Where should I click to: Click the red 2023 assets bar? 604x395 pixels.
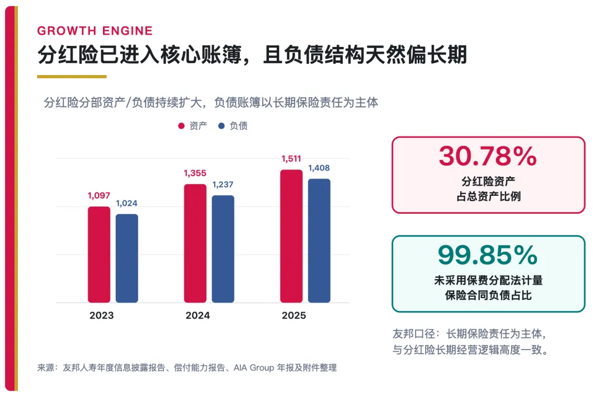99,255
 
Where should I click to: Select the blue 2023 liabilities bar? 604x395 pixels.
127,258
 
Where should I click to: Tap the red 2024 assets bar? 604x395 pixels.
195,243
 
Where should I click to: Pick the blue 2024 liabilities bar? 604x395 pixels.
223,248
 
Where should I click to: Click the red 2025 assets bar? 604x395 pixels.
291,236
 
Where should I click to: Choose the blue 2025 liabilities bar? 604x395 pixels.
319,241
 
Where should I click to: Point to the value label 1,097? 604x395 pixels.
99,196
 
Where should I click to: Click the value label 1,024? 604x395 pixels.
127,204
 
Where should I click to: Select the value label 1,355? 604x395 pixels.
195,173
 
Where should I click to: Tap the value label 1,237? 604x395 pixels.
223,185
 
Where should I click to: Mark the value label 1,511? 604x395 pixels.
291,159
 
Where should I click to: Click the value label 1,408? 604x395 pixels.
319,168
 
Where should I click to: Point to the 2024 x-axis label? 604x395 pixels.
197,316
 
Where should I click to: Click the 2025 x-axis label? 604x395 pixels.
294,316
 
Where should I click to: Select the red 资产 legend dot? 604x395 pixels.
181,126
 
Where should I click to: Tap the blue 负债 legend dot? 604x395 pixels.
221,126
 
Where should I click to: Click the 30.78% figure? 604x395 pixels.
488,156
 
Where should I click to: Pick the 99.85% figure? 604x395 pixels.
488,255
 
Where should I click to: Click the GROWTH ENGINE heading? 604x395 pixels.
95,31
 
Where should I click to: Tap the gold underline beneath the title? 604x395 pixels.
72,77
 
